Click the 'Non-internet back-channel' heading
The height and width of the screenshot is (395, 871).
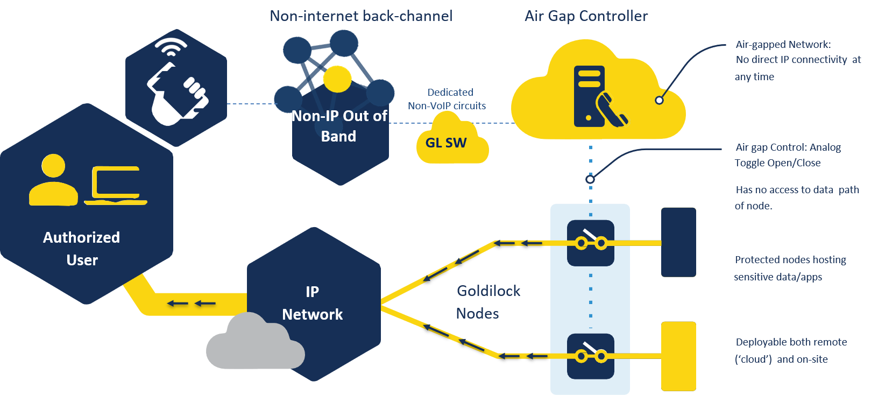pyautogui.click(x=361, y=16)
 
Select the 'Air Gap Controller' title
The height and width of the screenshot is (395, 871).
pyautogui.click(x=586, y=16)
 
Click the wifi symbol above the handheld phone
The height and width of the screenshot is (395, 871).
pyautogui.click(x=171, y=47)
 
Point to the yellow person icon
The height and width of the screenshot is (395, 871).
pyautogui.click(x=53, y=180)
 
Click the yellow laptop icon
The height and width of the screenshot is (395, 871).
pyautogui.click(x=116, y=186)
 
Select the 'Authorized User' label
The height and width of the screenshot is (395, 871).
pyautogui.click(x=82, y=249)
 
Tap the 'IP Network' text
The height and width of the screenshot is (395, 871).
pyautogui.click(x=312, y=303)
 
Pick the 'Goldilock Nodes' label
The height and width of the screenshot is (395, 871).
pyautogui.click(x=488, y=302)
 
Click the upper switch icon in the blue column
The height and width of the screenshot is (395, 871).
pyautogui.click(x=591, y=243)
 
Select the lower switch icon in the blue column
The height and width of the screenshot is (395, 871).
pyautogui.click(x=591, y=356)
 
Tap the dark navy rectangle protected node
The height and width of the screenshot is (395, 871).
pyautogui.click(x=678, y=242)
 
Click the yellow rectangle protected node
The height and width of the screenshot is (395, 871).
pyautogui.click(x=678, y=356)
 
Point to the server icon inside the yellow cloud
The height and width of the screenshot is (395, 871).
pyautogui.click(x=589, y=96)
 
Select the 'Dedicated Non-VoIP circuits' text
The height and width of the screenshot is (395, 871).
pyautogui.click(x=448, y=99)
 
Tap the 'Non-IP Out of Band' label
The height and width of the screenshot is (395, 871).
pyautogui.click(x=339, y=126)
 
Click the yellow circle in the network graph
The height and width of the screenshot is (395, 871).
pyautogui.click(x=337, y=79)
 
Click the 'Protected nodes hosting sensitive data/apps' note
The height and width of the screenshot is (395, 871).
pyautogui.click(x=790, y=268)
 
